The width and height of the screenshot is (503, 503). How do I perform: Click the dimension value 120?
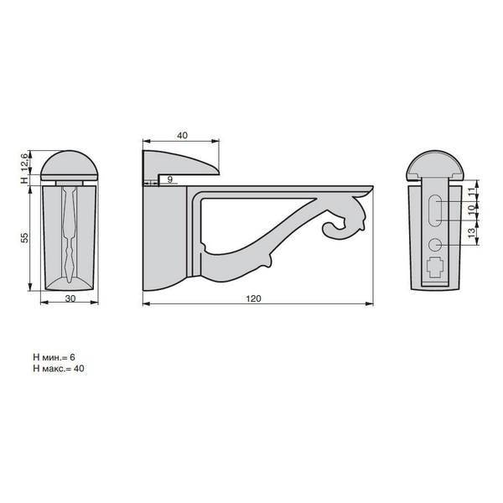(253, 298)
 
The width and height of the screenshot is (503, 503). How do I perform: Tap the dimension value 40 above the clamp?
(182, 135)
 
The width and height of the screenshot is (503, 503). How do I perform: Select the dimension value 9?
(170, 179)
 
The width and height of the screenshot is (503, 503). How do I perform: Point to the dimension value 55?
(24, 238)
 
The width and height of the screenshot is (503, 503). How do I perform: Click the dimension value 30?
(70, 298)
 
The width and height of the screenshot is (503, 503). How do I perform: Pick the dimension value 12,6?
(24, 162)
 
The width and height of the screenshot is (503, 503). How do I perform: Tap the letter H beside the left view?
(24, 180)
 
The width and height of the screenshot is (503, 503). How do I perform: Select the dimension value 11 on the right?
(471, 192)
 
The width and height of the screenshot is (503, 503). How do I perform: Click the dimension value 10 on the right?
(471, 210)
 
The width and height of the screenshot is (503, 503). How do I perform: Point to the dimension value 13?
(471, 233)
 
